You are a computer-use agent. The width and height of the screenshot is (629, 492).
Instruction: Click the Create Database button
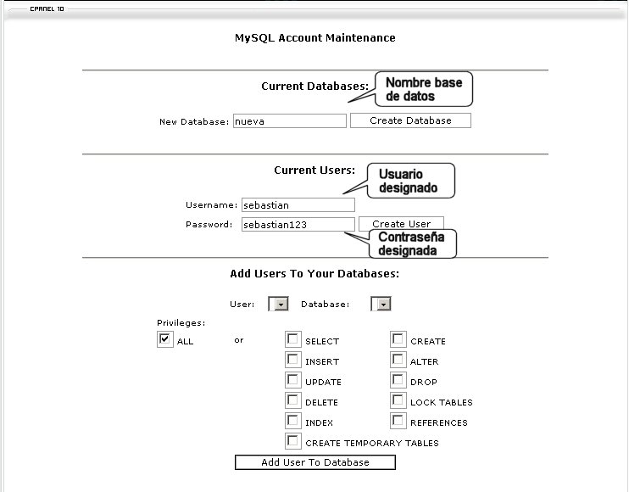(x=410, y=120)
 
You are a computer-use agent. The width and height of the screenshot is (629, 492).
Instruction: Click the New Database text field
(x=290, y=121)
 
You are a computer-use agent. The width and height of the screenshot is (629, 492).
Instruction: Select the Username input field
(x=298, y=205)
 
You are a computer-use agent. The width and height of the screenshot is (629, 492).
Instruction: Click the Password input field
(x=298, y=225)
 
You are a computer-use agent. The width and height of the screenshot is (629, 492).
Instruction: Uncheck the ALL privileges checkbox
(x=164, y=339)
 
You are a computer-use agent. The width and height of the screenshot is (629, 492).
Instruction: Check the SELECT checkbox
(x=293, y=339)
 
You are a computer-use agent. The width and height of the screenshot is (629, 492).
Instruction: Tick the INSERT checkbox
(x=293, y=360)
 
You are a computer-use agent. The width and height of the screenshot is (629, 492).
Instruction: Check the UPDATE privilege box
(x=293, y=380)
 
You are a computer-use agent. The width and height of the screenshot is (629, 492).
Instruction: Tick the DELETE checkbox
(x=293, y=400)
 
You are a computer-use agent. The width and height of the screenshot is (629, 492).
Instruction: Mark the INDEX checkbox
(x=293, y=421)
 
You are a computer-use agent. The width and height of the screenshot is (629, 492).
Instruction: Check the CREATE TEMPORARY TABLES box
(x=293, y=441)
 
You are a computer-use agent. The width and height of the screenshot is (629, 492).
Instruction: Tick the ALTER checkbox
(x=398, y=360)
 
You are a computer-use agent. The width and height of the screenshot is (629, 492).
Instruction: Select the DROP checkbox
(x=398, y=380)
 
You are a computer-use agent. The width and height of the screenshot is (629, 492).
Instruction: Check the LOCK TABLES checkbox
(x=398, y=400)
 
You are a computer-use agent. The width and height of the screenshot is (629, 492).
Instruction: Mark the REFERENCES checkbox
(x=398, y=421)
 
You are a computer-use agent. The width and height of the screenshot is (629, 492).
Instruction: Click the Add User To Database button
(x=314, y=462)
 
